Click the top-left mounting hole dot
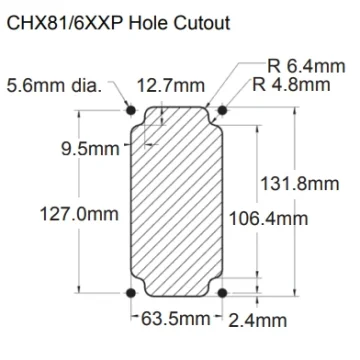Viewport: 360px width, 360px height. (131, 110)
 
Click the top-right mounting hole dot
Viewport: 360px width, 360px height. (222, 110)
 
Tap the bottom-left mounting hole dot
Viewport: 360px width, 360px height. (131, 293)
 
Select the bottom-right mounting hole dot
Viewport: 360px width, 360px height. (222, 293)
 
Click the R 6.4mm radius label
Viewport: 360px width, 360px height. (306, 66)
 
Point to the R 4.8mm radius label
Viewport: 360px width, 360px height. (291, 85)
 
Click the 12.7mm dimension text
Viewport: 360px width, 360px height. (171, 86)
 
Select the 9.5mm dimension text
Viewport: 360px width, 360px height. (90, 149)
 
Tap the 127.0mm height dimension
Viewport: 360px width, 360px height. (79, 214)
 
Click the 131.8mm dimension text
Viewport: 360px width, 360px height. (299, 184)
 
